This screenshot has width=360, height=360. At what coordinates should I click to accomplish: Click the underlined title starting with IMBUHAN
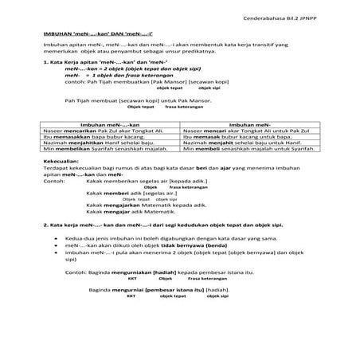88,35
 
